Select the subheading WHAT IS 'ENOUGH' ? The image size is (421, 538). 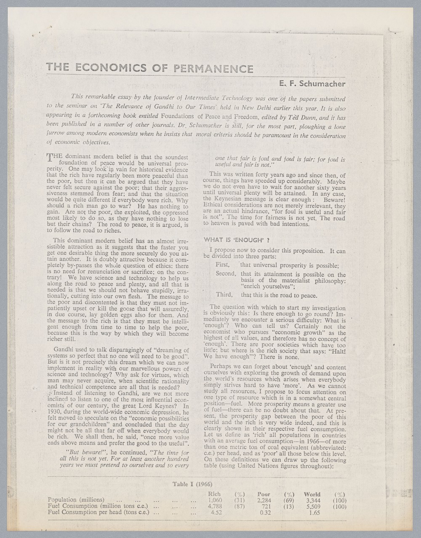coord(236,240)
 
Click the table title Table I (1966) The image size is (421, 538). coord(192,484)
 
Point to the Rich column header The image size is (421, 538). coord(214,494)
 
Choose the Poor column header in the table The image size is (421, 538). coord(264,494)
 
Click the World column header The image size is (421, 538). coord(312,494)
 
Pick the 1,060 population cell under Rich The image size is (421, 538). coord(215,500)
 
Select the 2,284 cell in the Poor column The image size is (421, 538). coord(264,500)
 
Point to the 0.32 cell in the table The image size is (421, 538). coord(265,513)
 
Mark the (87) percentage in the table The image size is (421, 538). coord(239,506)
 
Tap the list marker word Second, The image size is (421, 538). coord(226,274)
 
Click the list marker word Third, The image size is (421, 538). coord(224,295)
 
